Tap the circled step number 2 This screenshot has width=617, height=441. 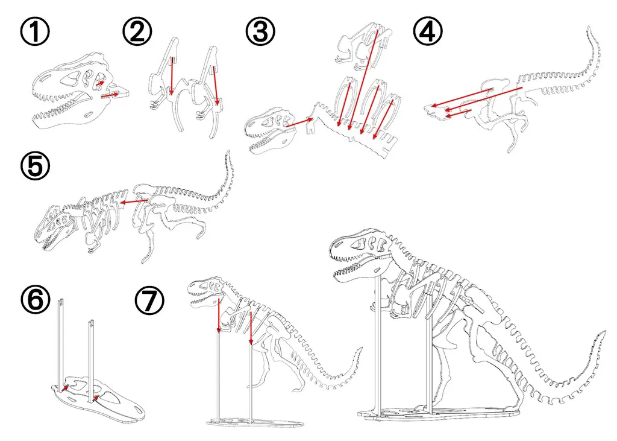pyautogui.click(x=137, y=31)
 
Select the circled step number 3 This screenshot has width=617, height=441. pyautogui.click(x=260, y=31)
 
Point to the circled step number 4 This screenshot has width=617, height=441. pyautogui.click(x=428, y=31)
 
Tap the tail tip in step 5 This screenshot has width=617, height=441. pyautogui.click(x=227, y=153)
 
